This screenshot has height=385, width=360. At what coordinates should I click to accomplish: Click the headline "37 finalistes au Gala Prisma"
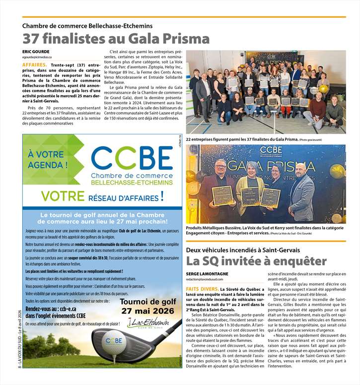point(116,38)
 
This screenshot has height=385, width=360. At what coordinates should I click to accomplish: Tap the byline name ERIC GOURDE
point(36,52)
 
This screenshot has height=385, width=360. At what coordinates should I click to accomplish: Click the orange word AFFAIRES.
point(35,65)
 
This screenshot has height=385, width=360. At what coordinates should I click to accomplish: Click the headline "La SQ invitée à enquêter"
point(256,261)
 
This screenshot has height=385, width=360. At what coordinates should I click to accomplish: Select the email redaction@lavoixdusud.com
point(213,280)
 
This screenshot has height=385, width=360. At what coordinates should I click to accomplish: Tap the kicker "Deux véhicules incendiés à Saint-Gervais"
point(250,250)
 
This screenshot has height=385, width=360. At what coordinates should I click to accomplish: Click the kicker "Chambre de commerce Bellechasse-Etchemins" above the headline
point(87,25)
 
